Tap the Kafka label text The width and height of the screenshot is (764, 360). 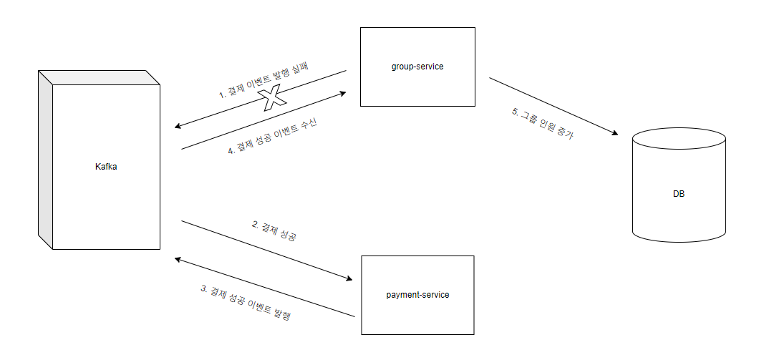(x=106, y=167)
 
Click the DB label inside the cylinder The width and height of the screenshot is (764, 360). (x=679, y=194)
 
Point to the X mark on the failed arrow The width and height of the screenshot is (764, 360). (x=270, y=99)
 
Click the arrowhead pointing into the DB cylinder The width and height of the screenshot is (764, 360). (x=614, y=133)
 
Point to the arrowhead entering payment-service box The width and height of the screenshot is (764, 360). (x=351, y=280)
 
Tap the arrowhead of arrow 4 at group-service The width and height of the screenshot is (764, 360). (x=344, y=93)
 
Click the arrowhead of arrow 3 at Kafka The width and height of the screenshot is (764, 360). (x=178, y=259)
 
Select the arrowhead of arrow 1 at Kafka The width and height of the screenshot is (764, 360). (x=178, y=128)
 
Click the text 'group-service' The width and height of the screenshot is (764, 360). (x=417, y=67)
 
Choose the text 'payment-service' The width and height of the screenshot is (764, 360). (x=417, y=295)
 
